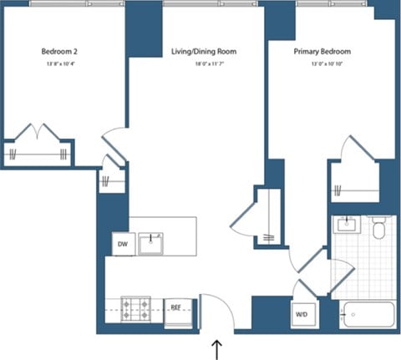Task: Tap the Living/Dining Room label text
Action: pos(204,52)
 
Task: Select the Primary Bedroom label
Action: pos(322,52)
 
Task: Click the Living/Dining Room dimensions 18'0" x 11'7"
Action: pos(204,63)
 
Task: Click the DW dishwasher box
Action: pos(122,244)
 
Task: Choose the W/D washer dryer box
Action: pos(302,315)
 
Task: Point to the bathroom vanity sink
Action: pos(346,226)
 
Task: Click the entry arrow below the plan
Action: pos(218,348)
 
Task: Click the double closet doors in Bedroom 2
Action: pos(37,133)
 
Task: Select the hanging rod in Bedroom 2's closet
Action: pos(37,154)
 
